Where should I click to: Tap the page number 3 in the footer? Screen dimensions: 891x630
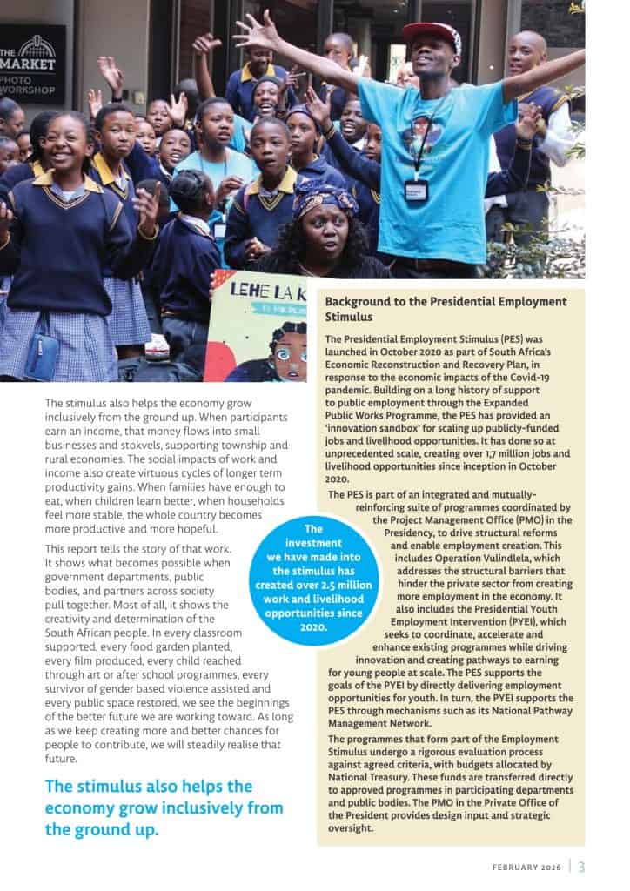pos(581,866)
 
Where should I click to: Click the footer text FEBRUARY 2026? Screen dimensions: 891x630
pos(527,867)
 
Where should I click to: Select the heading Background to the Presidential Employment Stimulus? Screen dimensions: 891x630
pos(446,309)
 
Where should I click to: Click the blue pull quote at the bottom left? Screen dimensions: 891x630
pos(164,807)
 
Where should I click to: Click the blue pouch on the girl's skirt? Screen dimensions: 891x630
pos(41,357)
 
